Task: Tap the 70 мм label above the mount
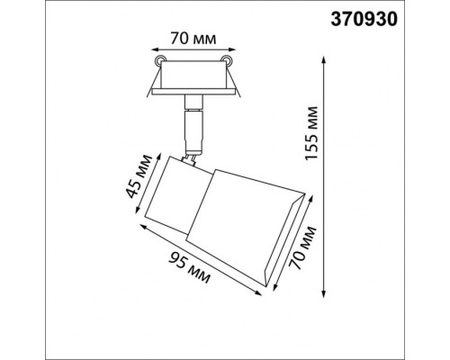pos(191,40)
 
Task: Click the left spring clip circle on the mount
pos(160,61)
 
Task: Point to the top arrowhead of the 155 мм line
pos(324,56)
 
